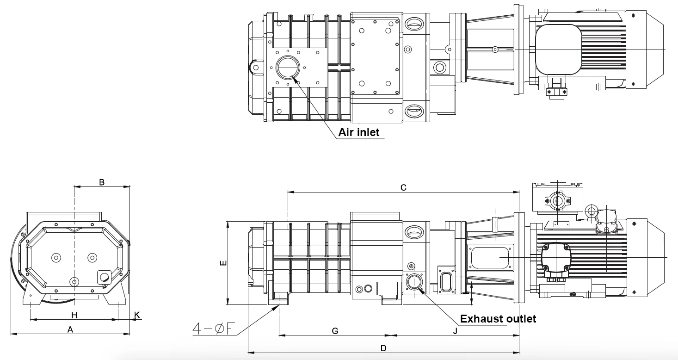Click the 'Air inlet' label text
[358, 132]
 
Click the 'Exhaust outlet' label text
[498, 319]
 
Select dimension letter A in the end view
[70, 329]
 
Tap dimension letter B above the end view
[102, 182]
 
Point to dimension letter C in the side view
[403, 187]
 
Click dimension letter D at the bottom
[383, 348]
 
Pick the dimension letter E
[223, 263]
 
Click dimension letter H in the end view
[74, 315]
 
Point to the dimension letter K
[137, 315]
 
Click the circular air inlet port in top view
[288, 68]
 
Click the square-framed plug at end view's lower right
[104, 277]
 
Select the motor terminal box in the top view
[558, 50]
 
